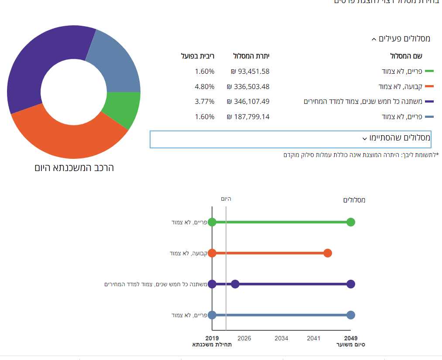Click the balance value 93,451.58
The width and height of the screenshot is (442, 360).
click(x=250, y=72)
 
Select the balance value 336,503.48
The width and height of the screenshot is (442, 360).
click(x=248, y=86)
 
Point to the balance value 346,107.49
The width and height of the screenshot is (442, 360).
click(x=248, y=102)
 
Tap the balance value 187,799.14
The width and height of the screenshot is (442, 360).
click(x=248, y=117)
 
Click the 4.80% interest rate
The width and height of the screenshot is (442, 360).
click(x=205, y=86)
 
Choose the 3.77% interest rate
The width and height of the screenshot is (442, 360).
click(x=205, y=102)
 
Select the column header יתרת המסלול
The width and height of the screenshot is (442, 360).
click(x=251, y=56)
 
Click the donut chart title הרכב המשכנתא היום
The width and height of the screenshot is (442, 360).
click(x=74, y=168)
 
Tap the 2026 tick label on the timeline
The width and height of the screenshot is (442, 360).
click(x=244, y=338)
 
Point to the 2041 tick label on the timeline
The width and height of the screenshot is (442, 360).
click(x=314, y=338)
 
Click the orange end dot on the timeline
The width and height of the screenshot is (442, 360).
click(x=328, y=253)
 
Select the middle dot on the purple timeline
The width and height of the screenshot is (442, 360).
click(x=235, y=284)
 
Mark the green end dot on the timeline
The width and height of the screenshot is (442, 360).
click(x=351, y=222)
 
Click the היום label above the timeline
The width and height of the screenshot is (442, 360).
click(x=226, y=199)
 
